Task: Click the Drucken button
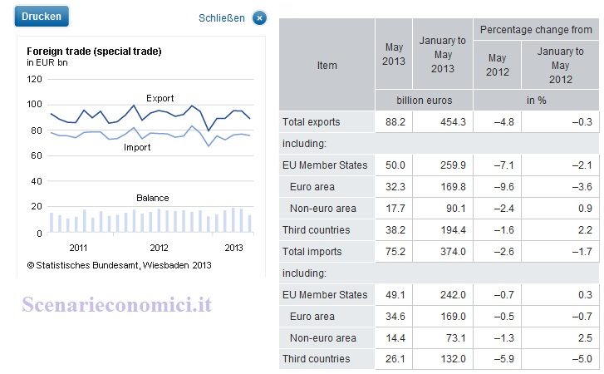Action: pyautogui.click(x=42, y=16)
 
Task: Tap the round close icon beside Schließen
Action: pyautogui.click(x=259, y=17)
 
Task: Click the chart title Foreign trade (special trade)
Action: pyautogui.click(x=94, y=52)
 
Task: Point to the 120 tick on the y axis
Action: pyautogui.click(x=34, y=79)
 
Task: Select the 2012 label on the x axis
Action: pyautogui.click(x=159, y=248)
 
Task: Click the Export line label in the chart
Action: pyautogui.click(x=160, y=98)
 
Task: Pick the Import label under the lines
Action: pyautogui.click(x=137, y=147)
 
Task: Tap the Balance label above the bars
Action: pyautogui.click(x=152, y=198)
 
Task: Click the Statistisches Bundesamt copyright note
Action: pyautogui.click(x=119, y=265)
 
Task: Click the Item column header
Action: pyautogui.click(x=327, y=65)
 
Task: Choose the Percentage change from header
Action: pyautogui.click(x=536, y=29)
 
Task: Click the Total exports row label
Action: pyautogui.click(x=312, y=121)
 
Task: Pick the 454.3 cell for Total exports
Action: pyautogui.click(x=442, y=121)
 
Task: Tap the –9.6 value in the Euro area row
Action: pyautogui.click(x=497, y=186)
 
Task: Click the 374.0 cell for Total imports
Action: pyautogui.click(x=442, y=251)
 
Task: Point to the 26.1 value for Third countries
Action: pyautogui.click(x=393, y=359)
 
